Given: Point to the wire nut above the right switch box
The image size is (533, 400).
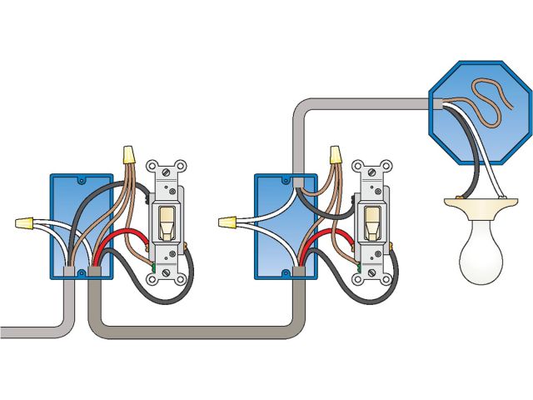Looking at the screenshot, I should click(336, 155).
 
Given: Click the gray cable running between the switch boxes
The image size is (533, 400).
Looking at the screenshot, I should click(192, 320).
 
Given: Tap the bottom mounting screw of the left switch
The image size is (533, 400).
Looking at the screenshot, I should click(167, 271).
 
